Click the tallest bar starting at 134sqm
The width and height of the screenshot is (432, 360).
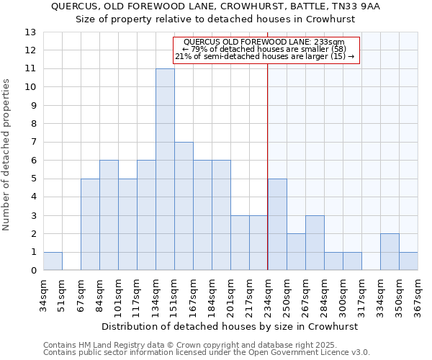[165, 169]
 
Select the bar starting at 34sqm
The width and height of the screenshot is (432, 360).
[53, 261]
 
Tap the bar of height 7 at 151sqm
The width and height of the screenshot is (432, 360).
[184, 206]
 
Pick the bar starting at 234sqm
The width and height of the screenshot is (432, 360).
[277, 224]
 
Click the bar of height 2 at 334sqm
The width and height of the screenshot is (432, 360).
[390, 252]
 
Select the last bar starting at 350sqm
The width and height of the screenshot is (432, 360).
[408, 261]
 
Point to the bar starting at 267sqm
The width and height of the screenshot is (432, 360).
[315, 243]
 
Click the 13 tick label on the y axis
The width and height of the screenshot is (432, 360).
[30, 32]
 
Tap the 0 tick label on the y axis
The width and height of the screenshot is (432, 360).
[33, 271]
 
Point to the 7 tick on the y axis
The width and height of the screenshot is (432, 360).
[33, 143]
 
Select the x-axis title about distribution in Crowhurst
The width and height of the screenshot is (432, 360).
[230, 326]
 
